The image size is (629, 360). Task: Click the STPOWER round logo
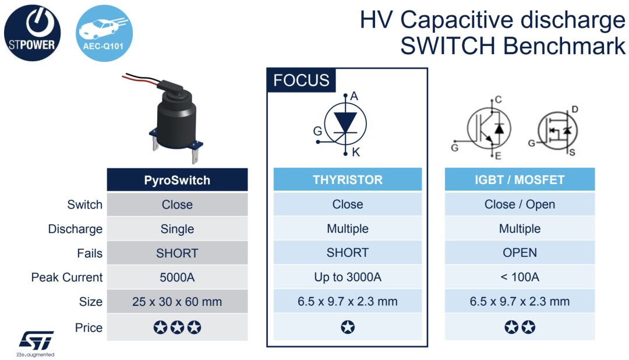33,33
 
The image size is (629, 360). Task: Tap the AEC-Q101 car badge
104,33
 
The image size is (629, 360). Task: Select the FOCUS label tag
301,80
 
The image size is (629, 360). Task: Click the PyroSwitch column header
177,180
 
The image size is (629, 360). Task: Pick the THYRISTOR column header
348,179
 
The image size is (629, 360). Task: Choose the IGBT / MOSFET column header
520,179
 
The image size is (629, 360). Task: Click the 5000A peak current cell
177,277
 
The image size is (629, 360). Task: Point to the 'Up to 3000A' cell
348,277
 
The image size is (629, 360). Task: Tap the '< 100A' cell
520,277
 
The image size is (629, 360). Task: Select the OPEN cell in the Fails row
520,252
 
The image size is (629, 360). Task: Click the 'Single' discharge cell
177,229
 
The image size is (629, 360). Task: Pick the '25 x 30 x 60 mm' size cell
177,301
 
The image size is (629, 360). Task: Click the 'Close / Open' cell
520,204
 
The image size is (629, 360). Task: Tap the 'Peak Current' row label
67,277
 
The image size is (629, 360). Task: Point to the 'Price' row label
89,327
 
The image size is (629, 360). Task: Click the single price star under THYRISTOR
348,327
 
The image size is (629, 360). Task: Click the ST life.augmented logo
36,344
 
